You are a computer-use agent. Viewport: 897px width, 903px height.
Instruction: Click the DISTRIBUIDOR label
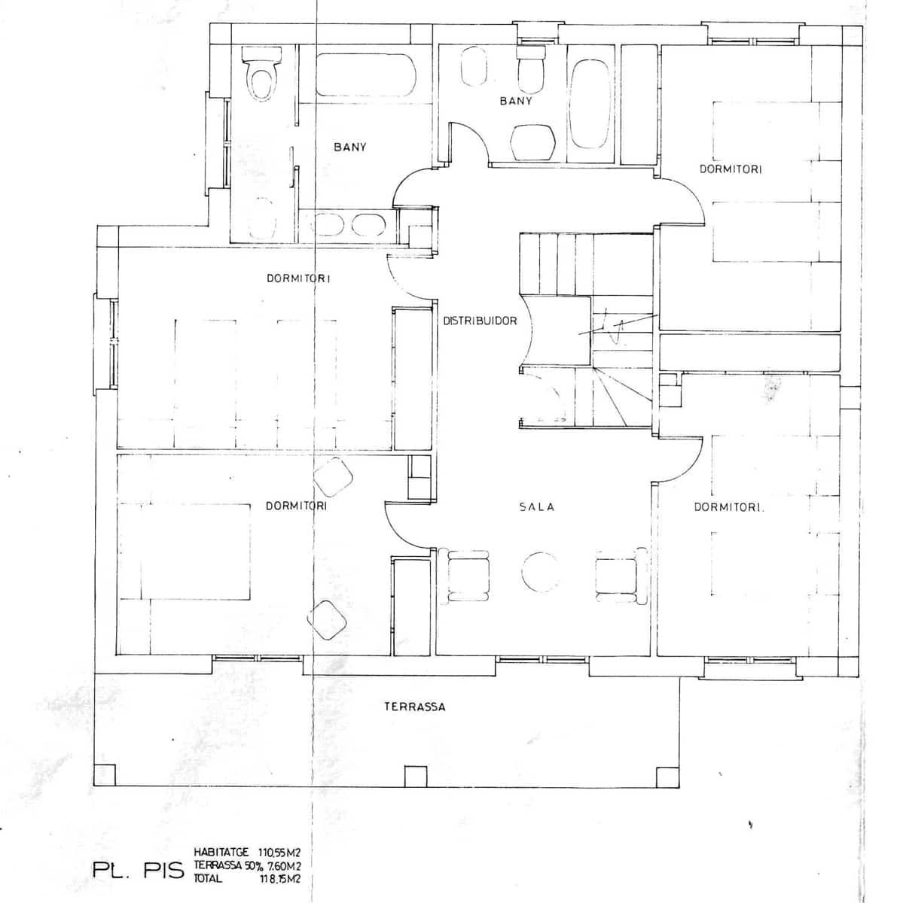480,321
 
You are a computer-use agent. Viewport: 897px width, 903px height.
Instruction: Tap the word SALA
536,507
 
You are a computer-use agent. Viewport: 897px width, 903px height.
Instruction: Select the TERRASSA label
414,707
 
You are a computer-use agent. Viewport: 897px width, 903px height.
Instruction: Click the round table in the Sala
539,573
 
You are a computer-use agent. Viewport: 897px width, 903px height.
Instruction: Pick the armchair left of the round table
468,576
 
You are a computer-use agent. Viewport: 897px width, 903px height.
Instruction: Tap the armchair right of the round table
619,576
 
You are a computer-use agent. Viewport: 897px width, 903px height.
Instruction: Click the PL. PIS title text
139,871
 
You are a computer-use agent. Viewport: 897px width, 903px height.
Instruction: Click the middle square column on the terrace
414,776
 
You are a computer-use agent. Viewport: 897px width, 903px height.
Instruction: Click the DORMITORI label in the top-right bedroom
731,170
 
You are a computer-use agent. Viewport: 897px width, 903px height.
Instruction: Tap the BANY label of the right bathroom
516,101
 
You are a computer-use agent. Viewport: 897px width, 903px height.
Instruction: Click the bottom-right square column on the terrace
667,776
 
